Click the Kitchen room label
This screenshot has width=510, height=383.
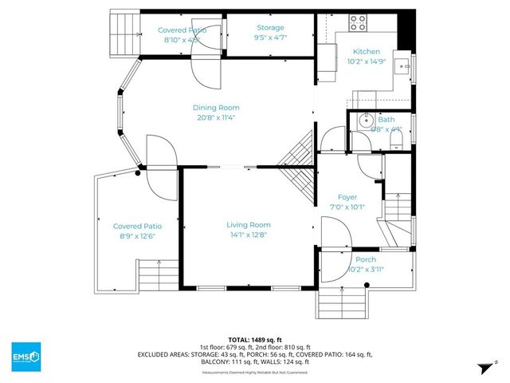(x=367, y=53)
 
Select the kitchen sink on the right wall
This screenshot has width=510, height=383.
(x=404, y=66)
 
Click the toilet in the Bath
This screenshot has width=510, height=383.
(x=396, y=140)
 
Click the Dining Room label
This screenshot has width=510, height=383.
(x=215, y=108)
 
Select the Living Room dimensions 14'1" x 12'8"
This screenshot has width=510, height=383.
(x=249, y=235)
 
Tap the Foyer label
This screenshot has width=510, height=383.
(x=347, y=197)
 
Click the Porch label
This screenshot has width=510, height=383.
(x=366, y=259)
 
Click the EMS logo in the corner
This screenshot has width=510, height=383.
(x=25, y=356)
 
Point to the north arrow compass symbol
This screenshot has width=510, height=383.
(x=483, y=366)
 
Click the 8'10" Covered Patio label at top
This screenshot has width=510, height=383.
(x=182, y=34)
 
